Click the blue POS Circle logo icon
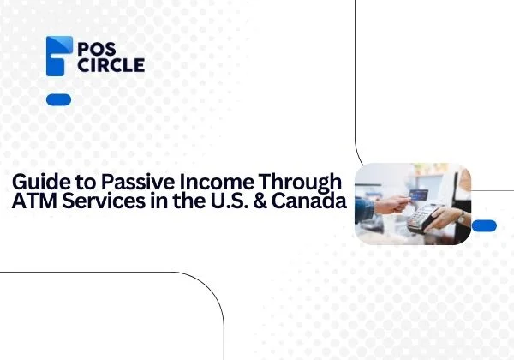pos(58,57)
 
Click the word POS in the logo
pos(97,47)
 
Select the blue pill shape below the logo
pos(58,99)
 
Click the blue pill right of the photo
pos(484,225)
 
